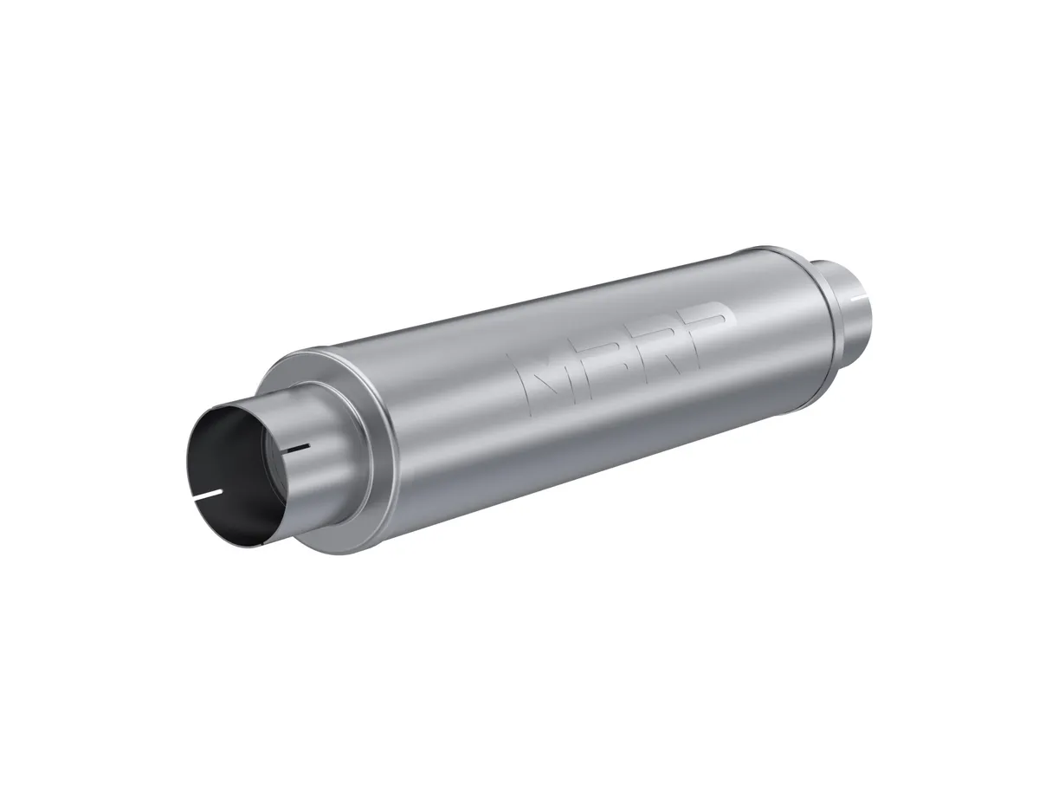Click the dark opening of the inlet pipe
point(227,468)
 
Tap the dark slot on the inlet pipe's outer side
point(296,449)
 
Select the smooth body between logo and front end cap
point(459,433)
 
